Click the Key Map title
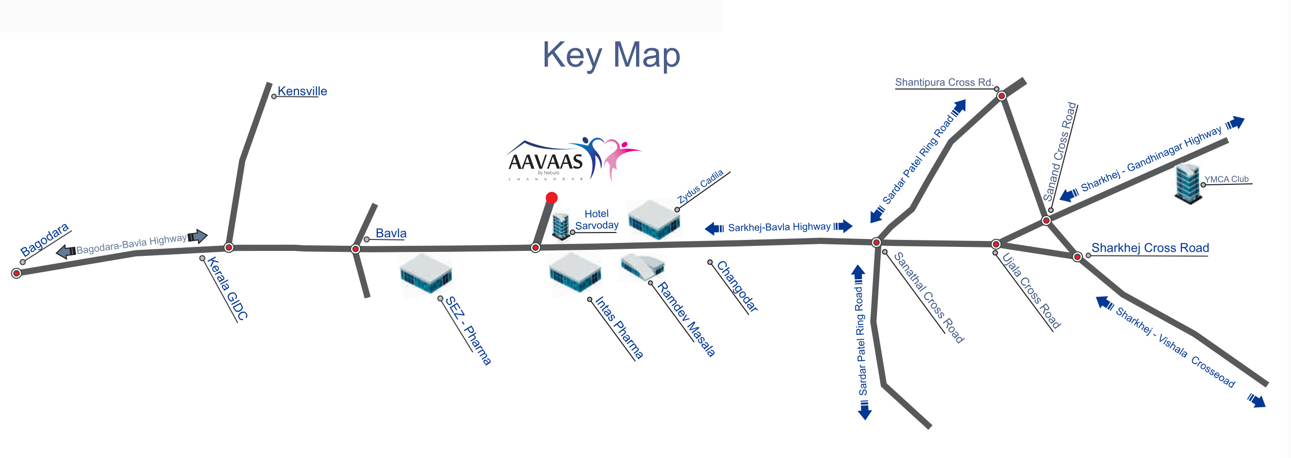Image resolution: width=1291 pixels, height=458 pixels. [x=611, y=55]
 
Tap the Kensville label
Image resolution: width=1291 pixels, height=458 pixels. [x=302, y=91]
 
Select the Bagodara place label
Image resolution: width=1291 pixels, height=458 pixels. [x=44, y=239]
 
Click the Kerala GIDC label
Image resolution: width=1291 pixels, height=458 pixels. [x=227, y=289]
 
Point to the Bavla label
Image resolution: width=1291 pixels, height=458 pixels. [x=391, y=233]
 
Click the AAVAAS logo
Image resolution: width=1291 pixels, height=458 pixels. [x=574, y=159]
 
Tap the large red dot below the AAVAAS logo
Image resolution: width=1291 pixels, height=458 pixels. [x=551, y=198]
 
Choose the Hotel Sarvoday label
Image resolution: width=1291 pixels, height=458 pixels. [x=596, y=220]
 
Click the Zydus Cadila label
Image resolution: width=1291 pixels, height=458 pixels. [x=701, y=186]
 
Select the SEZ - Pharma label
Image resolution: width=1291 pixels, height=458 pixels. [x=468, y=330]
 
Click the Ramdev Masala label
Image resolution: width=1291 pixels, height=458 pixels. [x=686, y=319]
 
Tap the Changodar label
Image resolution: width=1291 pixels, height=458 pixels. [x=737, y=287]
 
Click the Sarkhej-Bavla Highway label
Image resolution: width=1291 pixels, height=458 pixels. [x=779, y=227]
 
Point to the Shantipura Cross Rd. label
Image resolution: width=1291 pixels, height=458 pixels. [x=944, y=82]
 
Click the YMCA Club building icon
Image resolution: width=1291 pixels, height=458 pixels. [x=1189, y=184]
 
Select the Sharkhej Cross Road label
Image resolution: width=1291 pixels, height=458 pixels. [x=1150, y=248]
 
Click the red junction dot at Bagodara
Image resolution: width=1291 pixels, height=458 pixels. [x=16, y=273]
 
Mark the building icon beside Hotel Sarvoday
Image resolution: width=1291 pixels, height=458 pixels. [x=561, y=226]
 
